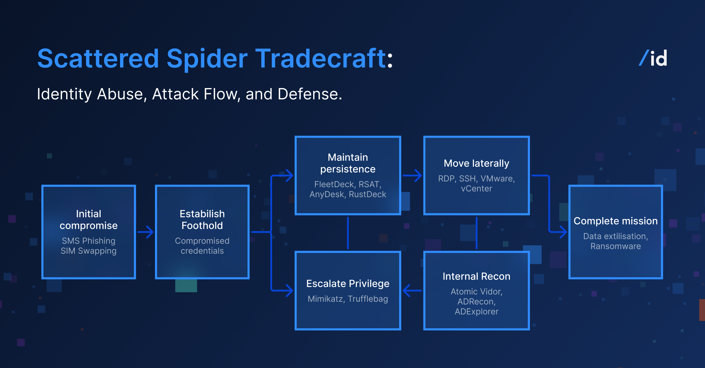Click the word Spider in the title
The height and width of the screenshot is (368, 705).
click(207, 59)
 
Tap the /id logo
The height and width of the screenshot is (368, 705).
click(653, 58)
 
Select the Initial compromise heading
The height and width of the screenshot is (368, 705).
click(89, 220)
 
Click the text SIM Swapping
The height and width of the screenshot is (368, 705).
click(89, 251)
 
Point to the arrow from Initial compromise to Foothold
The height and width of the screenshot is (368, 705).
click(146, 232)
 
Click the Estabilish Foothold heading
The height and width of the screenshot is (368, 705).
click(202, 220)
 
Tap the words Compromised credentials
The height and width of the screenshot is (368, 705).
click(202, 246)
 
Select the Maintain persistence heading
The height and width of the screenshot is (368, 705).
click(348, 163)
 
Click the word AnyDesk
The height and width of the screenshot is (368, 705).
click(327, 194)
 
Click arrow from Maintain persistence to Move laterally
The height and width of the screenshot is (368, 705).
click(412, 175)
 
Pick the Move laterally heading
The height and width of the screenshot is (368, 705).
click(476, 163)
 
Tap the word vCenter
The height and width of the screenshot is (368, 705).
click(476, 189)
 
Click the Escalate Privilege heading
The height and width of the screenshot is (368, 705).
click(348, 283)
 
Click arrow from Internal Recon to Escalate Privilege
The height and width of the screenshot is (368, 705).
click(412, 291)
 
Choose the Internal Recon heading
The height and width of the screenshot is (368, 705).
click(476, 276)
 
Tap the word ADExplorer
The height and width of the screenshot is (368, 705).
click(476, 312)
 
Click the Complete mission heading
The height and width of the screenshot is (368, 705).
click(615, 221)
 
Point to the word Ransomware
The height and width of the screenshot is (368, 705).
click(615, 246)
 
